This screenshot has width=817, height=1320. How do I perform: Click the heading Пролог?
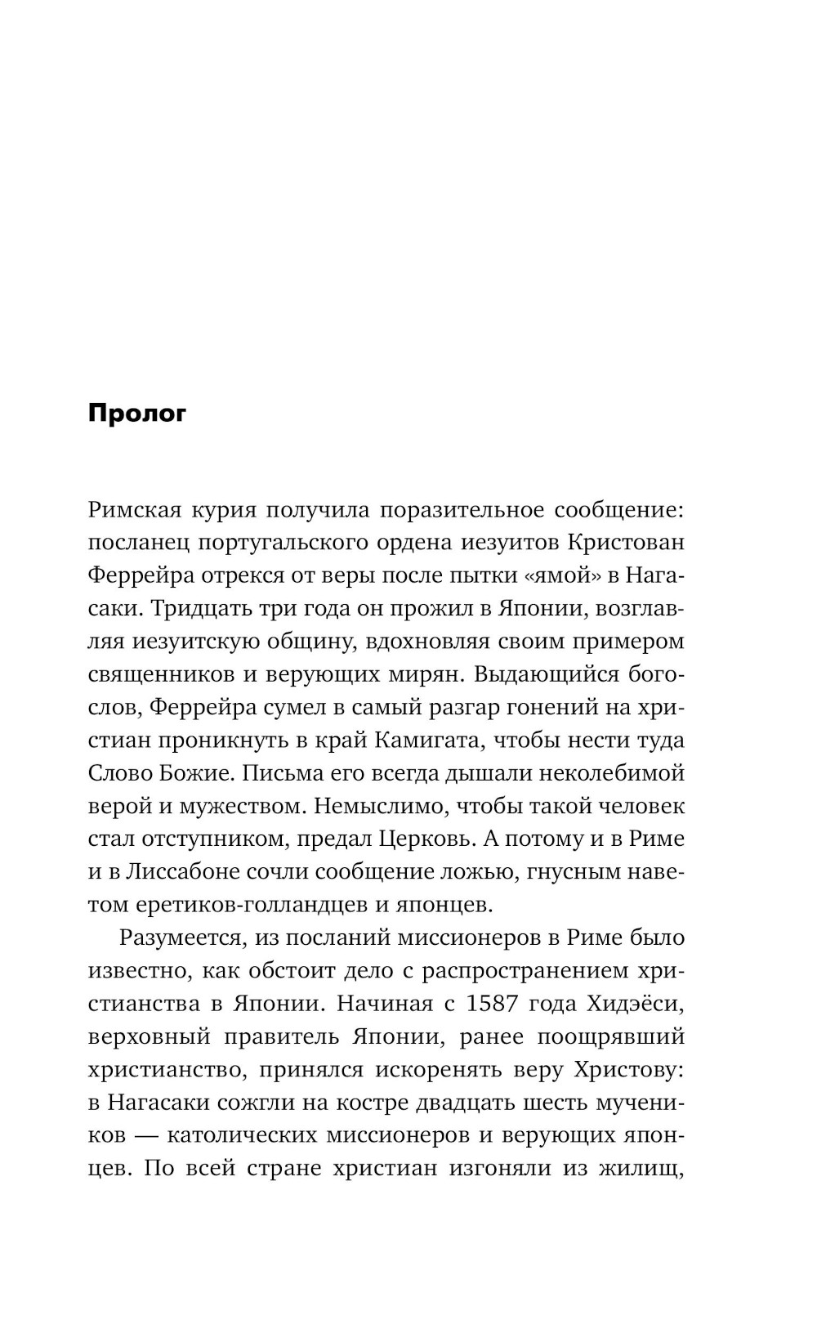coord(137,414)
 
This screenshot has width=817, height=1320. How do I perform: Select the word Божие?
coord(189,773)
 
